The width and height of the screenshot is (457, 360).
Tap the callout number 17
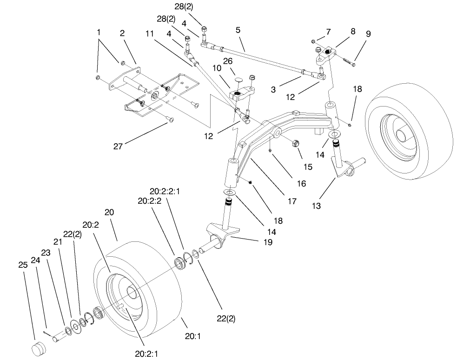tap(291, 201)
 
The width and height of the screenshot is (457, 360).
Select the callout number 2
tap(122, 33)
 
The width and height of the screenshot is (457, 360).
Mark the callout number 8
tap(353, 32)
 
